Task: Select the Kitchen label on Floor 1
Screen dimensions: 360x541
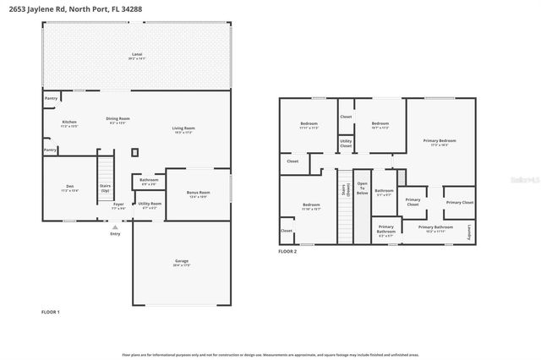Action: (69, 123)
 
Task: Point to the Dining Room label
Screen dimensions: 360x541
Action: (117, 120)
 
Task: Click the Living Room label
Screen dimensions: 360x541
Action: (183, 129)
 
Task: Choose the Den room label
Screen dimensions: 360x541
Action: (69, 188)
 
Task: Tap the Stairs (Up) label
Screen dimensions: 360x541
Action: (106, 189)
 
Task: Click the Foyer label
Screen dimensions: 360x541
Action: (118, 205)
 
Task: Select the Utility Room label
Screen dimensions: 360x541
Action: (149, 205)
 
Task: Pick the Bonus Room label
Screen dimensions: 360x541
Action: (198, 194)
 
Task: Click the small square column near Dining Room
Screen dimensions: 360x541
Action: (134, 152)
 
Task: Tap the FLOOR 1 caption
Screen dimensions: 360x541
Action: (51, 312)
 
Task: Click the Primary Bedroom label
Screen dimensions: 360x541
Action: (443, 141)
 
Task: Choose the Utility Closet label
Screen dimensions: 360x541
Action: (346, 145)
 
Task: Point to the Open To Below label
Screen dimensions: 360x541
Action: (362, 188)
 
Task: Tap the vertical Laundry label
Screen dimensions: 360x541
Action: (469, 230)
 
